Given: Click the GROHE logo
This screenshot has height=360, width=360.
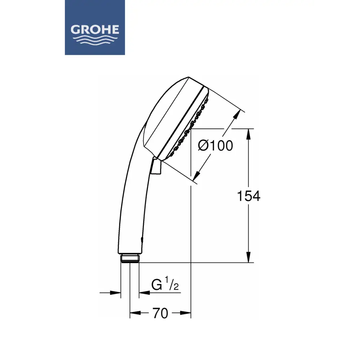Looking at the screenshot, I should pyautogui.click(x=95, y=27).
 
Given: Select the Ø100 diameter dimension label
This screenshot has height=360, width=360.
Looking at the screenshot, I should pyautogui.click(x=215, y=146).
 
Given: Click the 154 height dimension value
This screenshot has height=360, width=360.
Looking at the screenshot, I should pyautogui.click(x=248, y=196).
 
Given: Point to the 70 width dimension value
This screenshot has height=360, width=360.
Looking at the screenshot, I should pyautogui.click(x=160, y=314).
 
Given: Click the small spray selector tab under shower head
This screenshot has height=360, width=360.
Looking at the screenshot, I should pyautogui.click(x=156, y=166).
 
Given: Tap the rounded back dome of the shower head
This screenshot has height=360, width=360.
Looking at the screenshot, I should pyautogui.click(x=158, y=108).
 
